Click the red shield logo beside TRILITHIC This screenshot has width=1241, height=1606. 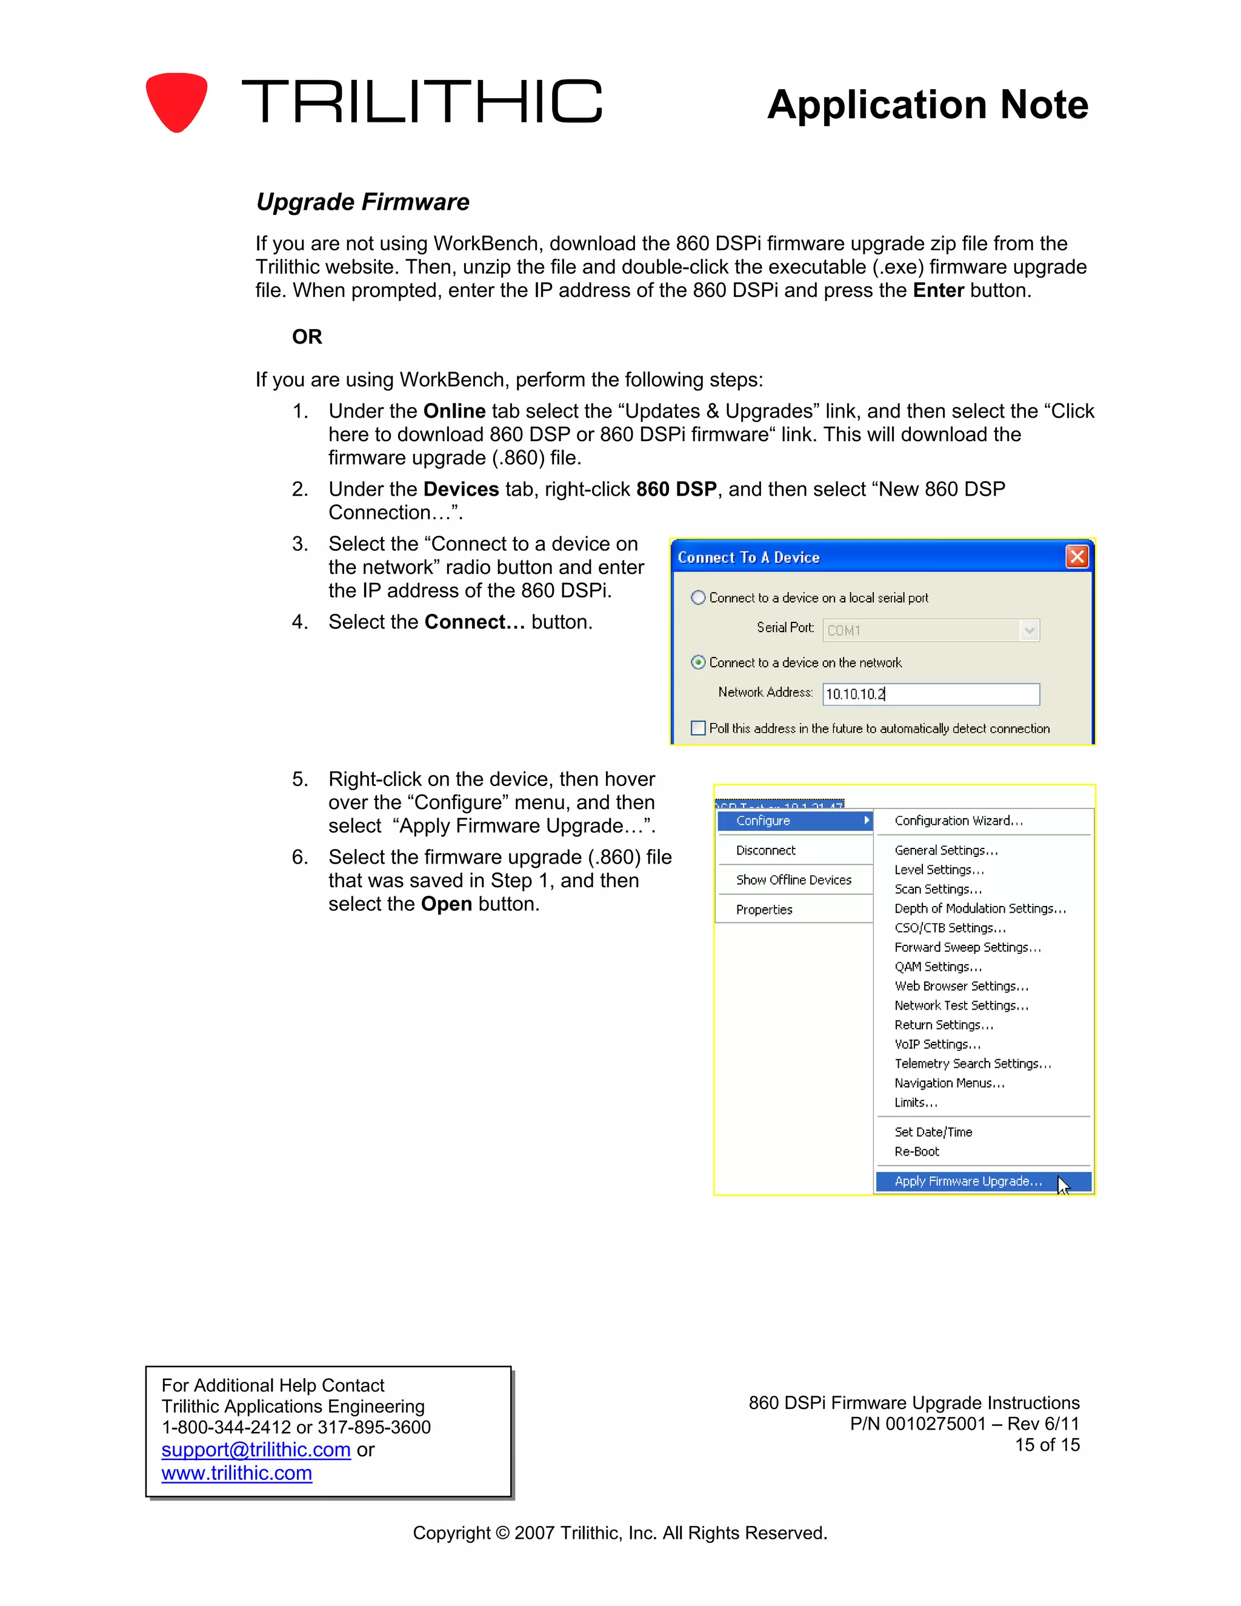176,101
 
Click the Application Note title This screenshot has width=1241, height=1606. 927,104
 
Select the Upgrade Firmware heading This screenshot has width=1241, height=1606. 362,201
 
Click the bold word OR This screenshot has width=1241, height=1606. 307,336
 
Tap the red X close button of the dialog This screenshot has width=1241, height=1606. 1076,557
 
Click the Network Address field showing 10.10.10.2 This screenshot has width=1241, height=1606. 930,693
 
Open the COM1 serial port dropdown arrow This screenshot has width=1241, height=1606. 1030,630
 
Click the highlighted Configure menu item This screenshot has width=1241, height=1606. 794,821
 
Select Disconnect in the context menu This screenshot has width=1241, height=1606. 765,850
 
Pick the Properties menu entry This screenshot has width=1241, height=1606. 764,910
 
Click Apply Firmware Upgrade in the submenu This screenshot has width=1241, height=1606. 968,1181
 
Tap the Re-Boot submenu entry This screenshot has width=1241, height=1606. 917,1151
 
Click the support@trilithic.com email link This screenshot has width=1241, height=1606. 256,1450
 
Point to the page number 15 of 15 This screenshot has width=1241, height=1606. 1047,1445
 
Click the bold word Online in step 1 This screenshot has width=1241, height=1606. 454,411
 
